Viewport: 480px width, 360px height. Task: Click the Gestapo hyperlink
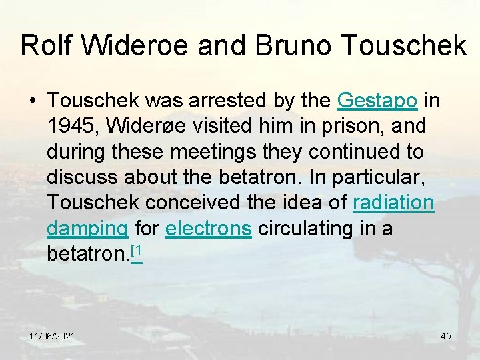click(377, 101)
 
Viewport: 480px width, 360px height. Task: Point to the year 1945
click(69, 126)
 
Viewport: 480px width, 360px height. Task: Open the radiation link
click(393, 203)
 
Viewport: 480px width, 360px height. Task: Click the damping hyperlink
click(87, 229)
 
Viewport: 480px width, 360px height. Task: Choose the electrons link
click(208, 228)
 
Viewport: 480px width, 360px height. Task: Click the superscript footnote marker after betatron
click(137, 251)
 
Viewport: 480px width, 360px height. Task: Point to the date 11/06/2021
click(52, 336)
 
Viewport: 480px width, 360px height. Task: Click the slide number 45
click(445, 336)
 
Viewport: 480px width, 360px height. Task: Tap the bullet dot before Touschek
click(32, 101)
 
